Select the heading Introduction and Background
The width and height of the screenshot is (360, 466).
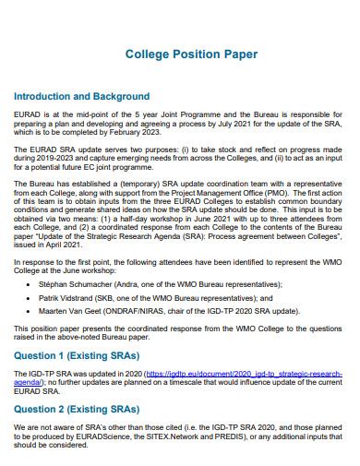pyautogui.click(x=82, y=96)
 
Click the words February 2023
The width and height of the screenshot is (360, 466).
pyautogui.click(x=139, y=132)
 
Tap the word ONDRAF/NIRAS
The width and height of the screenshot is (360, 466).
pyautogui.click(x=162, y=313)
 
